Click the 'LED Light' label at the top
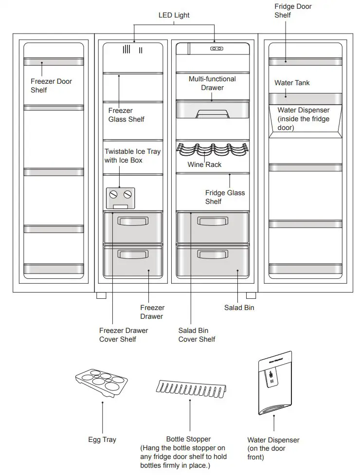tap(174, 15)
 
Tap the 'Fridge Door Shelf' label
tap(293, 11)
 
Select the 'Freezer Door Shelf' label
tap(51, 86)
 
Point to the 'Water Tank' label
tap(292, 83)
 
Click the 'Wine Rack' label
tap(204, 165)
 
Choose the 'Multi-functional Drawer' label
tap(213, 83)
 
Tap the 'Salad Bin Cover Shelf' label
tap(197, 335)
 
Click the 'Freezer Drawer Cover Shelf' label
tap(124, 335)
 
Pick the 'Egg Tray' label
tap(102, 439)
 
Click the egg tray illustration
tap(102, 382)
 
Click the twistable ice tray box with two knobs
tap(120, 197)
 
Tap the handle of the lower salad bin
tap(212, 255)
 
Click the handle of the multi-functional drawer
tap(212, 114)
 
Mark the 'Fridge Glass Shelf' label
tap(225, 197)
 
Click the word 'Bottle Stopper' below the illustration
tap(189, 439)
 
